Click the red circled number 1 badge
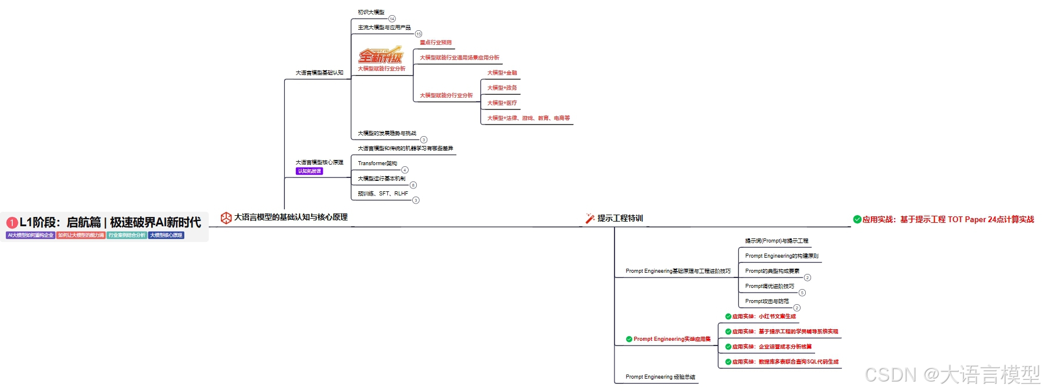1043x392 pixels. point(12,223)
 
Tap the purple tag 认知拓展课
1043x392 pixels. point(309,172)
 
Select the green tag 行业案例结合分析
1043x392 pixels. point(127,236)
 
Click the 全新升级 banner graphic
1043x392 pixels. point(380,56)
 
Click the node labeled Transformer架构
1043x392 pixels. point(377,163)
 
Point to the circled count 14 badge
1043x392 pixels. point(392,19)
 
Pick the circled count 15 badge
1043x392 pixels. point(418,34)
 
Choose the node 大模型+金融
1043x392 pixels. point(502,73)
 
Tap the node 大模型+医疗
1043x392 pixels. point(502,103)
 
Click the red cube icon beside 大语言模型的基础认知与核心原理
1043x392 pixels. point(226,218)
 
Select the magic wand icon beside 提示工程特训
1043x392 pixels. point(590,219)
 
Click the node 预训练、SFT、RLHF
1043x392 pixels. point(383,194)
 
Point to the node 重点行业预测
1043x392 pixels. point(435,42)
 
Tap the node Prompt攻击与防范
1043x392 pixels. point(767,301)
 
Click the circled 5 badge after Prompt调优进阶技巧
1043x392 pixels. point(802,293)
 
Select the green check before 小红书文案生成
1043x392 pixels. point(728,316)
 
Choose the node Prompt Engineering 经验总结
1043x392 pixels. point(660,377)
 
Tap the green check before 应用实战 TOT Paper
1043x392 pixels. point(857,219)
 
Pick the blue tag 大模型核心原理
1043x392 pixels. point(166,236)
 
